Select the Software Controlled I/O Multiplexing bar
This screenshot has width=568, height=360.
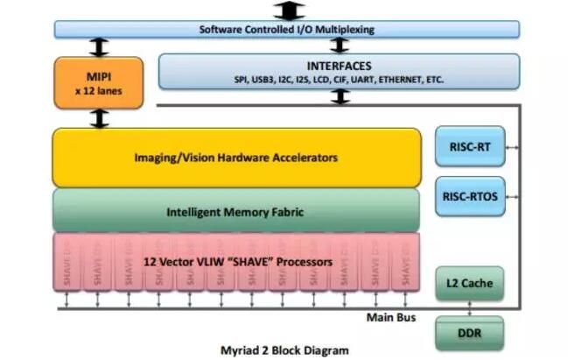pos(286,29)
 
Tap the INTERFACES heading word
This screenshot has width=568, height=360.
pos(339,66)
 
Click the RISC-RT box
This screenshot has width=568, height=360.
pos(469,147)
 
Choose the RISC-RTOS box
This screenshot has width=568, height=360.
pos(469,197)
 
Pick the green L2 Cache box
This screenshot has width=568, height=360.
pos(469,283)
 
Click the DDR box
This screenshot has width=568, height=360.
pos(469,334)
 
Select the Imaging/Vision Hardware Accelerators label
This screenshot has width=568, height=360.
pos(236,158)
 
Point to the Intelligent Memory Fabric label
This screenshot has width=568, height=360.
pos(236,211)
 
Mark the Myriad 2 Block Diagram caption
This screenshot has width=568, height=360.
pos(286,349)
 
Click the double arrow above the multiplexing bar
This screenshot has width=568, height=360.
pos(288,11)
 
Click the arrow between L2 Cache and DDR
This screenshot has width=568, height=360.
pos(470,307)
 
